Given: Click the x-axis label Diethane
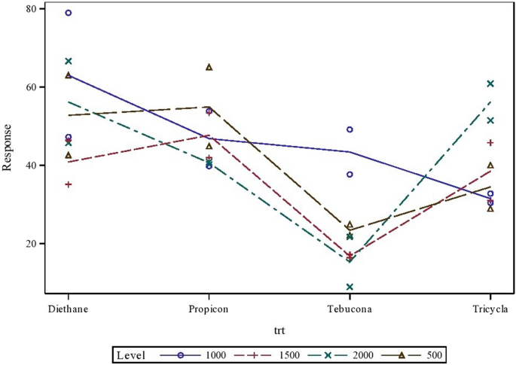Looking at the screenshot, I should [68, 309].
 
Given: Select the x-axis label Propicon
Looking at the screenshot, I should [209, 309].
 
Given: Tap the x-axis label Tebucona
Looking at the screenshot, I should [350, 309].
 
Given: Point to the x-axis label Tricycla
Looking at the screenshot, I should [490, 309].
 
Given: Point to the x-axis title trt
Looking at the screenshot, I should [279, 330].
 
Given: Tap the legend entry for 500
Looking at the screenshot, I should [434, 353].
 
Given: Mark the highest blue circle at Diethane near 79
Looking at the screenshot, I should [69, 13].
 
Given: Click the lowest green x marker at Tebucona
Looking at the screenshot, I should [350, 287].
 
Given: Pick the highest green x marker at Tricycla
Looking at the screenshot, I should [490, 84].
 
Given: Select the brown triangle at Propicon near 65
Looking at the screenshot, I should [209, 67].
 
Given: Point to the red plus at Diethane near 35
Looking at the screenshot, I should [69, 184].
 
